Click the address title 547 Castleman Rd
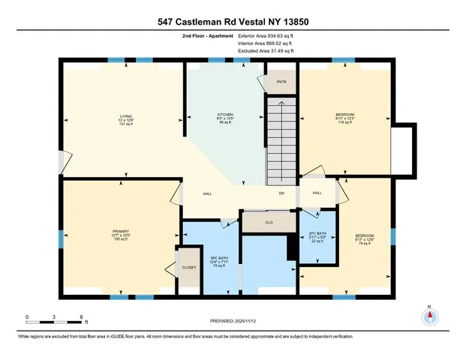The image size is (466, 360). (x=233, y=22)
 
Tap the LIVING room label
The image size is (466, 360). (x=125, y=116)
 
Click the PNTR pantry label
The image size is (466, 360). (x=281, y=82)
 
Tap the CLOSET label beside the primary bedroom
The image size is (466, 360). (x=188, y=267)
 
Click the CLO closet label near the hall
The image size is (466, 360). (x=269, y=223)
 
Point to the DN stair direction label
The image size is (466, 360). (x=281, y=194)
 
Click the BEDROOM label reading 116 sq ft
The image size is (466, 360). (x=344, y=115)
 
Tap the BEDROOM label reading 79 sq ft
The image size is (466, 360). (x=365, y=235)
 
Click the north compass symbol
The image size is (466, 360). (x=429, y=317)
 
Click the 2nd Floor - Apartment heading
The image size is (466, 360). (x=206, y=35)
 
